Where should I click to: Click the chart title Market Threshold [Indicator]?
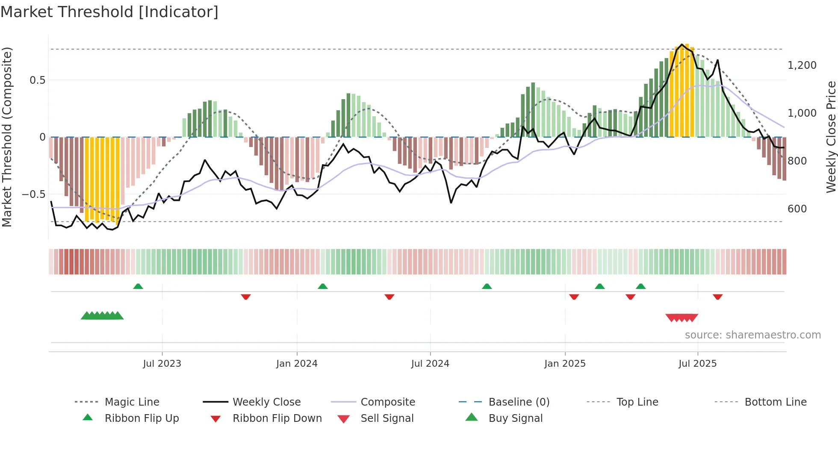[x=109, y=12]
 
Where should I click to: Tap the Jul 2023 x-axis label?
[x=162, y=364]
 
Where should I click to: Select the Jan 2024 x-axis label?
[x=297, y=364]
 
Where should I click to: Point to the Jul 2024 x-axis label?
[x=430, y=364]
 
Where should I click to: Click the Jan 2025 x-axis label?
[x=565, y=364]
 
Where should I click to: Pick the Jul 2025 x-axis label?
[x=697, y=364]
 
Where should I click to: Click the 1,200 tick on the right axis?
[x=802, y=65]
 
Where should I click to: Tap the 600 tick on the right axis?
[x=797, y=209]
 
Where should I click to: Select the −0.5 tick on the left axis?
[x=34, y=194]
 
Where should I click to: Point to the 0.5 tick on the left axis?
[x=37, y=80]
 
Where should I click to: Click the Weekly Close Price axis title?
[x=831, y=137]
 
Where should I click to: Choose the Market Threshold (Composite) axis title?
[x=7, y=137]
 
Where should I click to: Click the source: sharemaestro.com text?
[x=752, y=335]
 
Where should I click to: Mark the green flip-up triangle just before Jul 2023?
[x=138, y=286]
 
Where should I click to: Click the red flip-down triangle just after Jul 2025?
[x=717, y=297]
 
